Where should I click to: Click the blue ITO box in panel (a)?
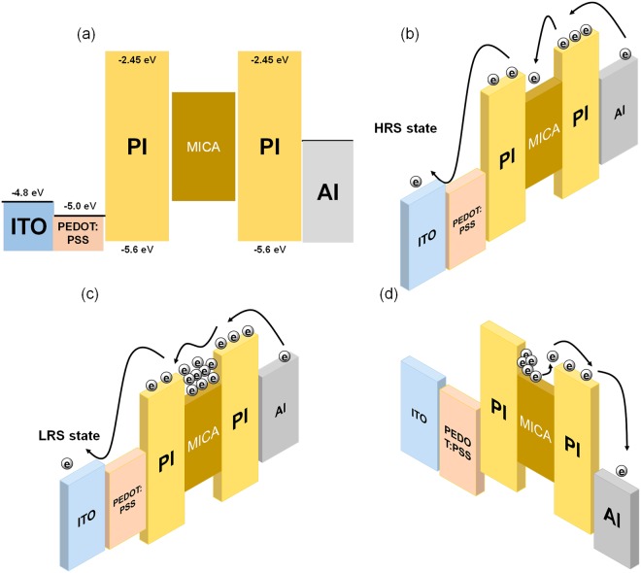coord(26,226)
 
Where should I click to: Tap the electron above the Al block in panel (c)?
coord(284,356)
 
